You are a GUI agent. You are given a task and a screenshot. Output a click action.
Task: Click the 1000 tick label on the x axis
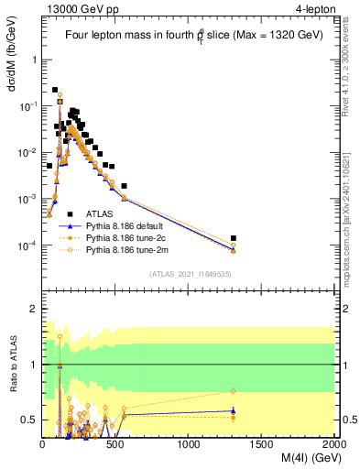(x=189, y=444)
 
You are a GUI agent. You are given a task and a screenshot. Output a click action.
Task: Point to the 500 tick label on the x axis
(x=115, y=444)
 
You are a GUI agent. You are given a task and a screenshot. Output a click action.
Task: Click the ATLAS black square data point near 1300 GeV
(x=234, y=238)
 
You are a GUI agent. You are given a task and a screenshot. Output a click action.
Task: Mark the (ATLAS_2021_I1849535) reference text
(x=190, y=273)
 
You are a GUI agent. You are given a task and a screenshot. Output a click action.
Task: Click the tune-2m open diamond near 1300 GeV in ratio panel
(x=234, y=392)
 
